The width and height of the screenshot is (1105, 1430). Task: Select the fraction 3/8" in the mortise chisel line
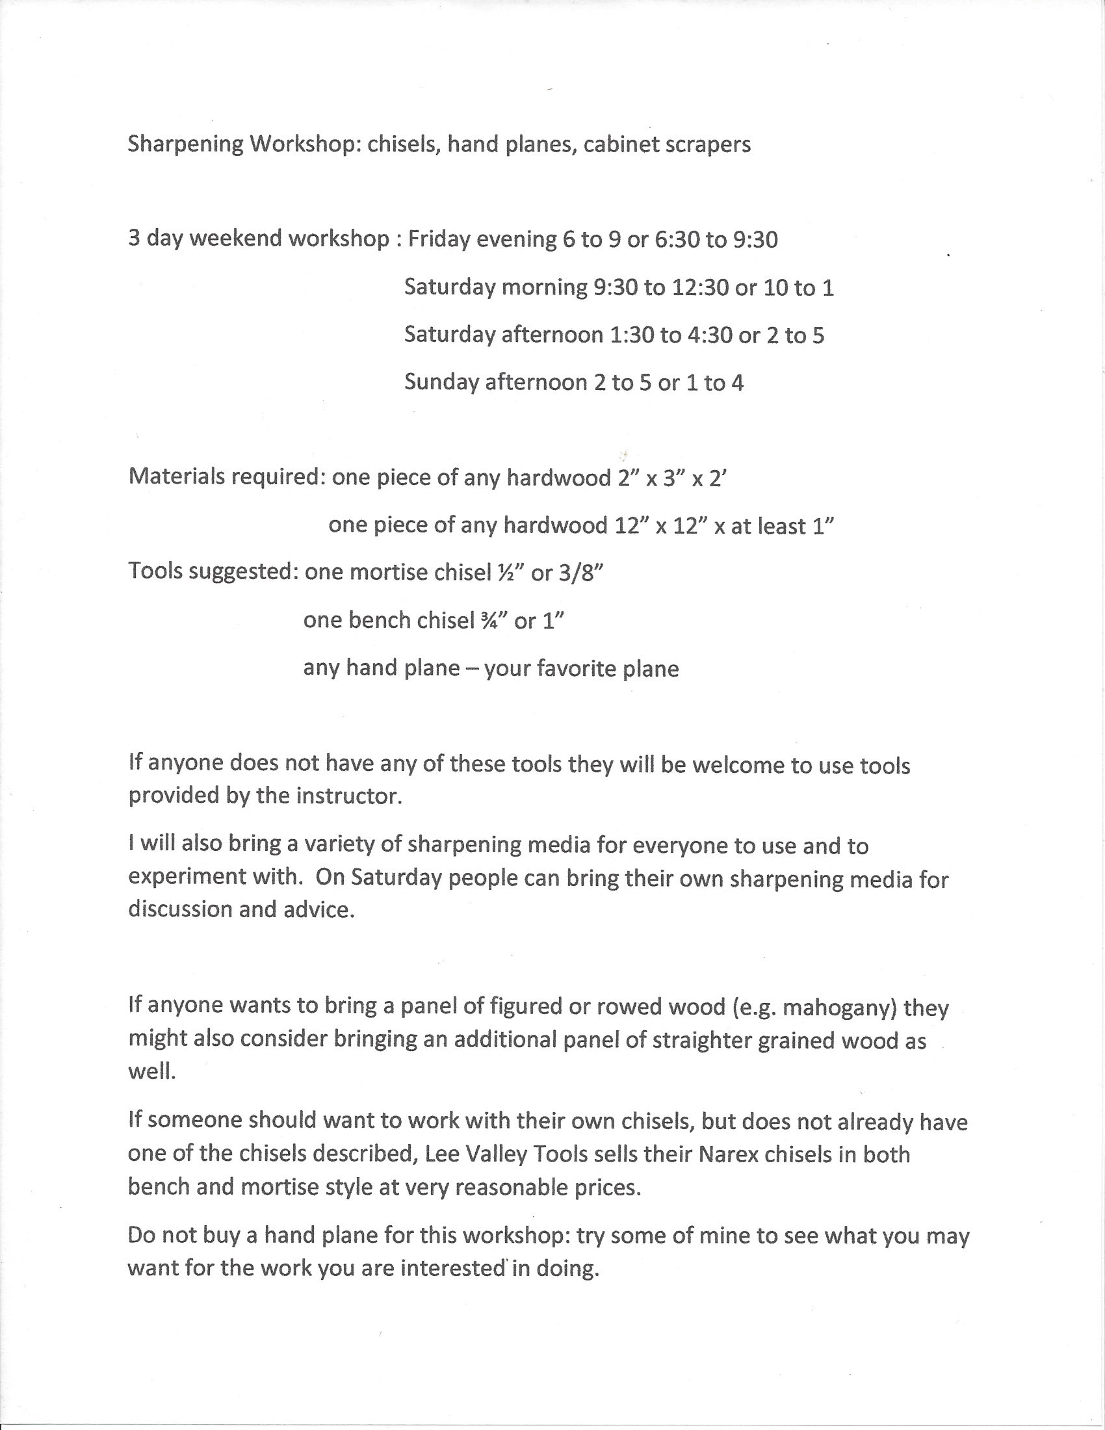[x=581, y=573]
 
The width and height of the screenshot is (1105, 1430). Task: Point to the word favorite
[x=577, y=668]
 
